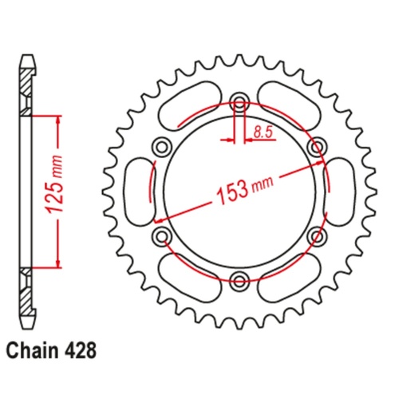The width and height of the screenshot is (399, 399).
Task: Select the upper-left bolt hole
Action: tap(162, 145)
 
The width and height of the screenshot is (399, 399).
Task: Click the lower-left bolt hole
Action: tap(162, 235)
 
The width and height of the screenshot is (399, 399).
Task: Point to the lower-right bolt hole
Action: tap(317, 235)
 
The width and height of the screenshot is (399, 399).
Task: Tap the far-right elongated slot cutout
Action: tap(338, 190)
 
